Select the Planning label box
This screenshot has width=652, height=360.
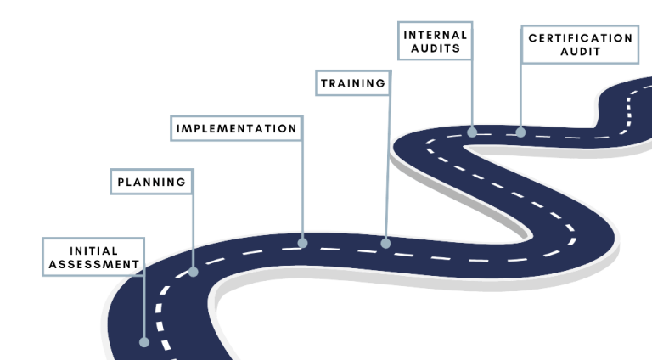[151, 182]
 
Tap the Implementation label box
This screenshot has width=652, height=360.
[236, 129]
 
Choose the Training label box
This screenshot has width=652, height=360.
[352, 83]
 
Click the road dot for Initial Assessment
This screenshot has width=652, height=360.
[143, 342]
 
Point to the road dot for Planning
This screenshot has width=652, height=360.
[193, 272]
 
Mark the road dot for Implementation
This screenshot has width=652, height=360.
[302, 243]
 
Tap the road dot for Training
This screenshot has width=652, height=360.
[385, 243]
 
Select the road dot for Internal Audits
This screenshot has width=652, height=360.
[472, 132]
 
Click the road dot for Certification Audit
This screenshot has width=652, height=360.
[520, 132]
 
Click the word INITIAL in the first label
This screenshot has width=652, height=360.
[93, 250]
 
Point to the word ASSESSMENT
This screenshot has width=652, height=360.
[93, 264]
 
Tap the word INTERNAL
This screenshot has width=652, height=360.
[435, 35]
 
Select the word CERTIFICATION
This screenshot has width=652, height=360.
[579, 38]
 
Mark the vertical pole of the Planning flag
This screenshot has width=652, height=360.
[193, 229]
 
